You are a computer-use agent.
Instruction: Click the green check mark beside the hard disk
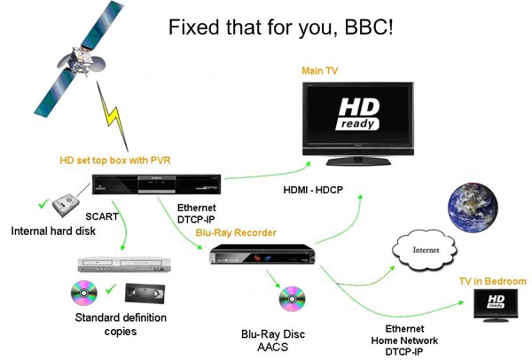41,204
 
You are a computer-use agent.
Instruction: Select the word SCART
103,215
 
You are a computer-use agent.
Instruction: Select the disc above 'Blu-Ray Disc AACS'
292,300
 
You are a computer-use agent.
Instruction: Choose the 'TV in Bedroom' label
492,281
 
